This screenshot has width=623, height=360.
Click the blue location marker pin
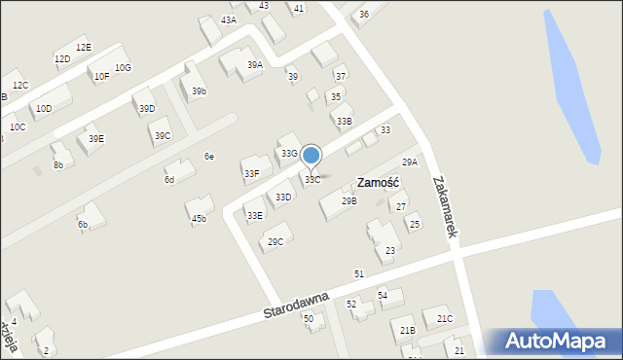(x=311, y=156)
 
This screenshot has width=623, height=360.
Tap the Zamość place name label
(x=379, y=182)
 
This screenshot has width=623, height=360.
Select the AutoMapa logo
(x=556, y=342)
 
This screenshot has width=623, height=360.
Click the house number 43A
(x=228, y=19)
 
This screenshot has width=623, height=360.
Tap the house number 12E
(x=84, y=47)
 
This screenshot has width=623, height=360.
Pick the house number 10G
(x=123, y=67)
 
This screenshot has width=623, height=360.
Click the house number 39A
(x=255, y=64)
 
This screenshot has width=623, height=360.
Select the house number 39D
(x=147, y=107)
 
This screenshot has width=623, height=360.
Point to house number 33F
(x=251, y=173)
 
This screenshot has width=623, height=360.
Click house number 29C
(x=275, y=241)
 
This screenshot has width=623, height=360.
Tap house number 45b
(x=199, y=218)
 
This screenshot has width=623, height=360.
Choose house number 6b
(x=83, y=225)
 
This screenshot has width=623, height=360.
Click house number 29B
(x=348, y=200)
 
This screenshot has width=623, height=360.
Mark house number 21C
(x=444, y=318)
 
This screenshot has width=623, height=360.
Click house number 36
(x=363, y=14)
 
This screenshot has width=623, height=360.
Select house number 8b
(x=58, y=165)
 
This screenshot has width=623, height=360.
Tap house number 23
(x=389, y=250)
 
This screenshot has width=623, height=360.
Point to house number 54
(x=383, y=294)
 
